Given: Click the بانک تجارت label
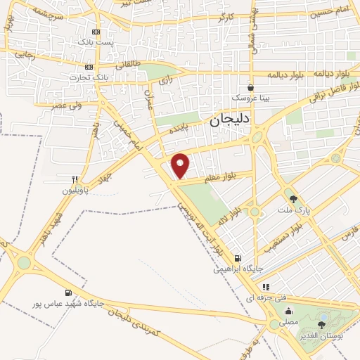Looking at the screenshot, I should pos(89,77).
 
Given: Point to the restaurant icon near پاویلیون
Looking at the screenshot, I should pos(75,179).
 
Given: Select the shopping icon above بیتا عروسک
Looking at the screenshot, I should pos(250,87).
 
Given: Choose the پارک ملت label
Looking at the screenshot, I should pos(294,210).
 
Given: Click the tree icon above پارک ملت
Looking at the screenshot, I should pos(293,199).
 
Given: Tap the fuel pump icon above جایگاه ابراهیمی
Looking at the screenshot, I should pos(238,258).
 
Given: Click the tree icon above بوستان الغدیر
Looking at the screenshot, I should pos(322,325).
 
